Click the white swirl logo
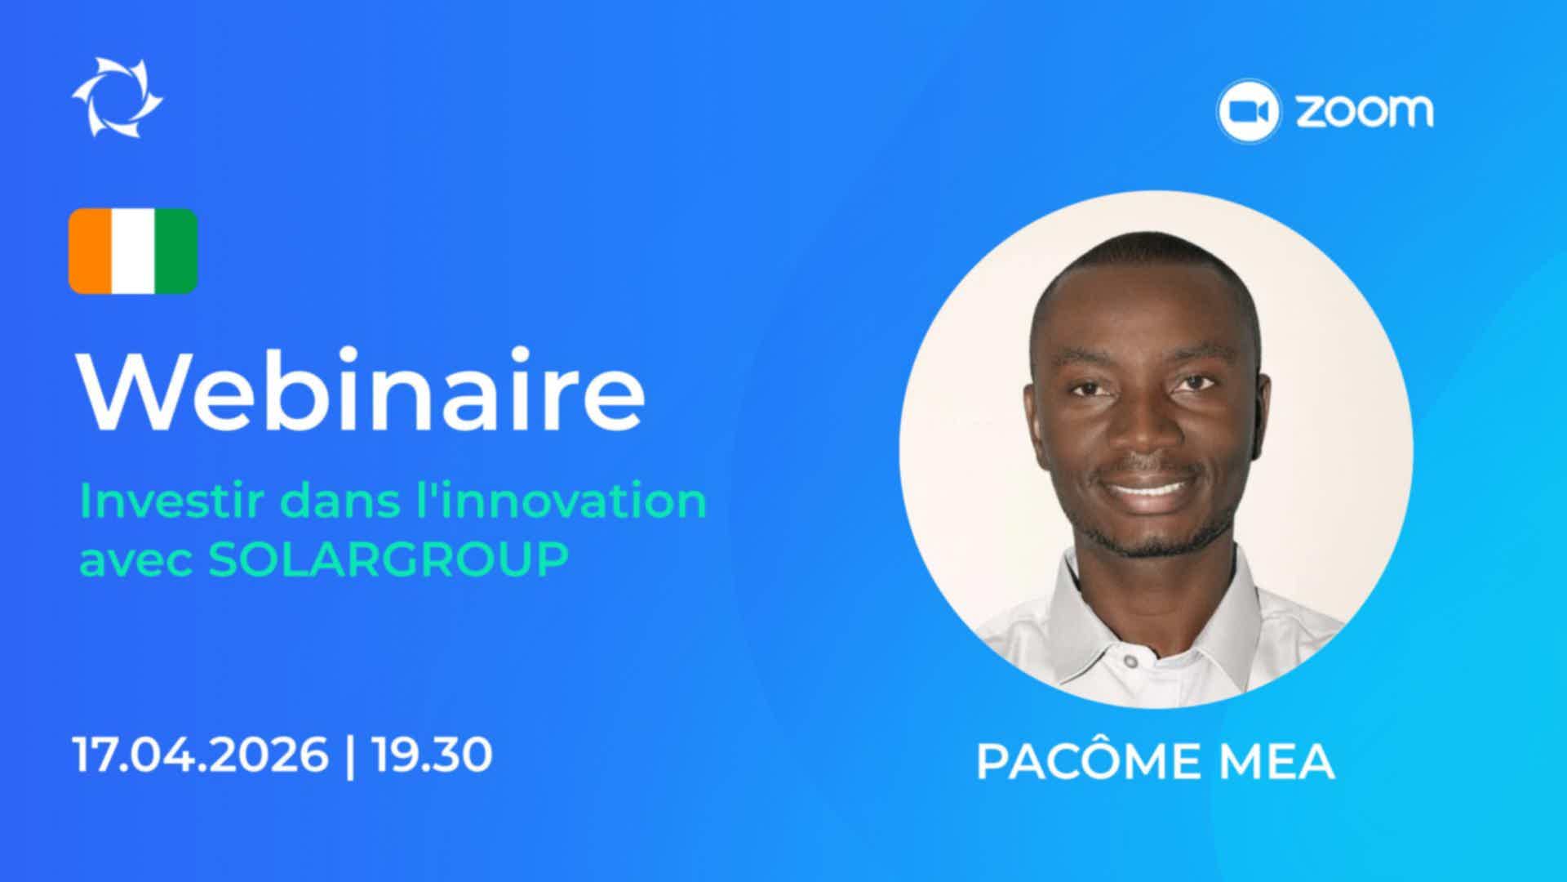point(118,97)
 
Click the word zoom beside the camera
point(1364,111)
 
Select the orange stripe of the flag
point(90,251)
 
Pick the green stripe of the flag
point(176,251)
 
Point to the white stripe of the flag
point(133,251)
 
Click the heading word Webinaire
point(362,391)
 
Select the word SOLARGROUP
point(388,560)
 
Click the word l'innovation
point(561,501)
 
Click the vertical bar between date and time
point(351,756)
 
